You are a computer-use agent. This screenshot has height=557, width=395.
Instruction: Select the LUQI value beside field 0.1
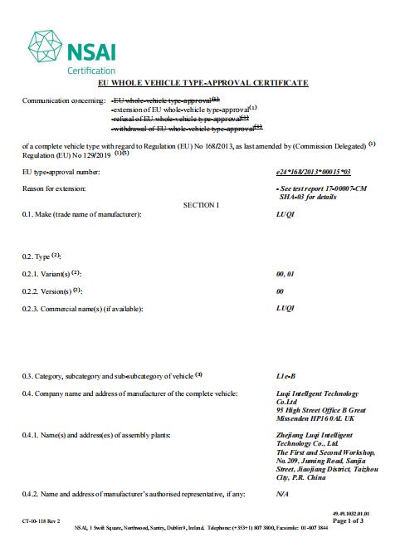point(284,215)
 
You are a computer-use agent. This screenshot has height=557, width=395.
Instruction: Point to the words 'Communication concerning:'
point(61,100)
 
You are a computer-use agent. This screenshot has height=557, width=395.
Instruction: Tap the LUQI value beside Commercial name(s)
point(284,308)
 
